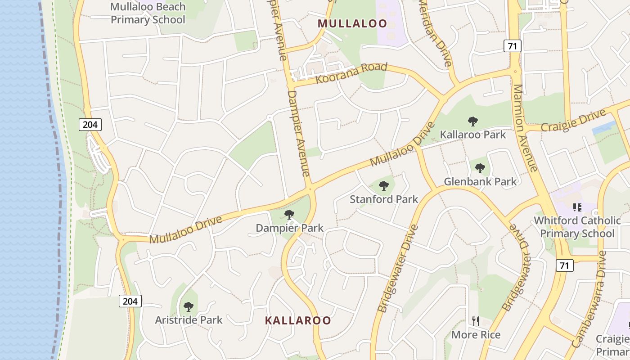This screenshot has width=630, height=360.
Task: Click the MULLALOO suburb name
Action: pos(352,23)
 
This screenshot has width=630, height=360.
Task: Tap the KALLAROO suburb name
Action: pos(298,320)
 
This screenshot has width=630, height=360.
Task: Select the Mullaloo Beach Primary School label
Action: pos(148,13)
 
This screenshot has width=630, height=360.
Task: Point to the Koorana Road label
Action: pos(351,73)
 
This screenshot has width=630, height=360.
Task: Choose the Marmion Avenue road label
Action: pos(525,128)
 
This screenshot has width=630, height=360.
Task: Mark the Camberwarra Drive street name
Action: pos(590,299)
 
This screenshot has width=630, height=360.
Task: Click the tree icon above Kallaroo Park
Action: pos(472,121)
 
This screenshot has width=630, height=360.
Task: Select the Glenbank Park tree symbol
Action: pos(480,168)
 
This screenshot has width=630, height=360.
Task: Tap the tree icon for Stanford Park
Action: pos(384,185)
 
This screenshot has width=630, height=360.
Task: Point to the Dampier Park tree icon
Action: pos(289,215)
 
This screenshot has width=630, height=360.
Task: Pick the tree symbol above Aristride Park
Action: pos(189,307)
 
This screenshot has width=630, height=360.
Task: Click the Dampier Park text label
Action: pos(289,228)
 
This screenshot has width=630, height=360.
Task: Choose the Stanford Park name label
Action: pos(384,199)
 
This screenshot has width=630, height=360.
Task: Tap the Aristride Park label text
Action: pos(189,320)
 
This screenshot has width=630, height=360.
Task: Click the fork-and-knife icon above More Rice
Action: pos(476,321)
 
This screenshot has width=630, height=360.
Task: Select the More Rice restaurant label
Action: pos(476,335)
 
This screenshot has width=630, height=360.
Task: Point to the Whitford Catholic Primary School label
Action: pos(577,227)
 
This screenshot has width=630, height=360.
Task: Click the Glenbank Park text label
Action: pos(480,181)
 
